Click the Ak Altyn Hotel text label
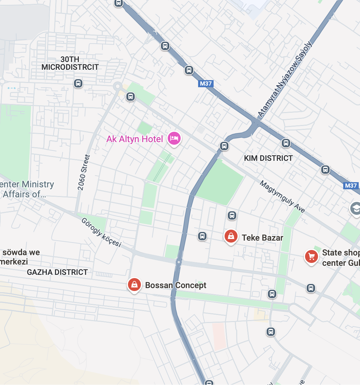pos(135,139)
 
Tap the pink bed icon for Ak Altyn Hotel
pos(174,139)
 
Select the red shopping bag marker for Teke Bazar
pos(231,236)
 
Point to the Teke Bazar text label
pos(262,238)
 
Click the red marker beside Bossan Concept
pos(134,285)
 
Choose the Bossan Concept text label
pos(175,285)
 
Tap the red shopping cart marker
pos(311,257)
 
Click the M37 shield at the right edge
pos(351,185)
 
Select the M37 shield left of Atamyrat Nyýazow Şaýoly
pos(206,84)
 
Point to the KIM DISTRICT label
pos(268,158)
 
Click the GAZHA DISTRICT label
pos(57,272)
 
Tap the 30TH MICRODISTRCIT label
pos(70,63)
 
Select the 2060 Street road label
pos(83,172)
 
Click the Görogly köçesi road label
pos(101,232)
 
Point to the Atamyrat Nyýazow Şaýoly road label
pos(285,79)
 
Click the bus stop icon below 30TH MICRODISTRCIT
pos(78,83)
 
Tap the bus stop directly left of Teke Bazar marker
pos(202,236)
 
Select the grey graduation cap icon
pos(355,209)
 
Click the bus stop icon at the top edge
pos(119,3)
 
